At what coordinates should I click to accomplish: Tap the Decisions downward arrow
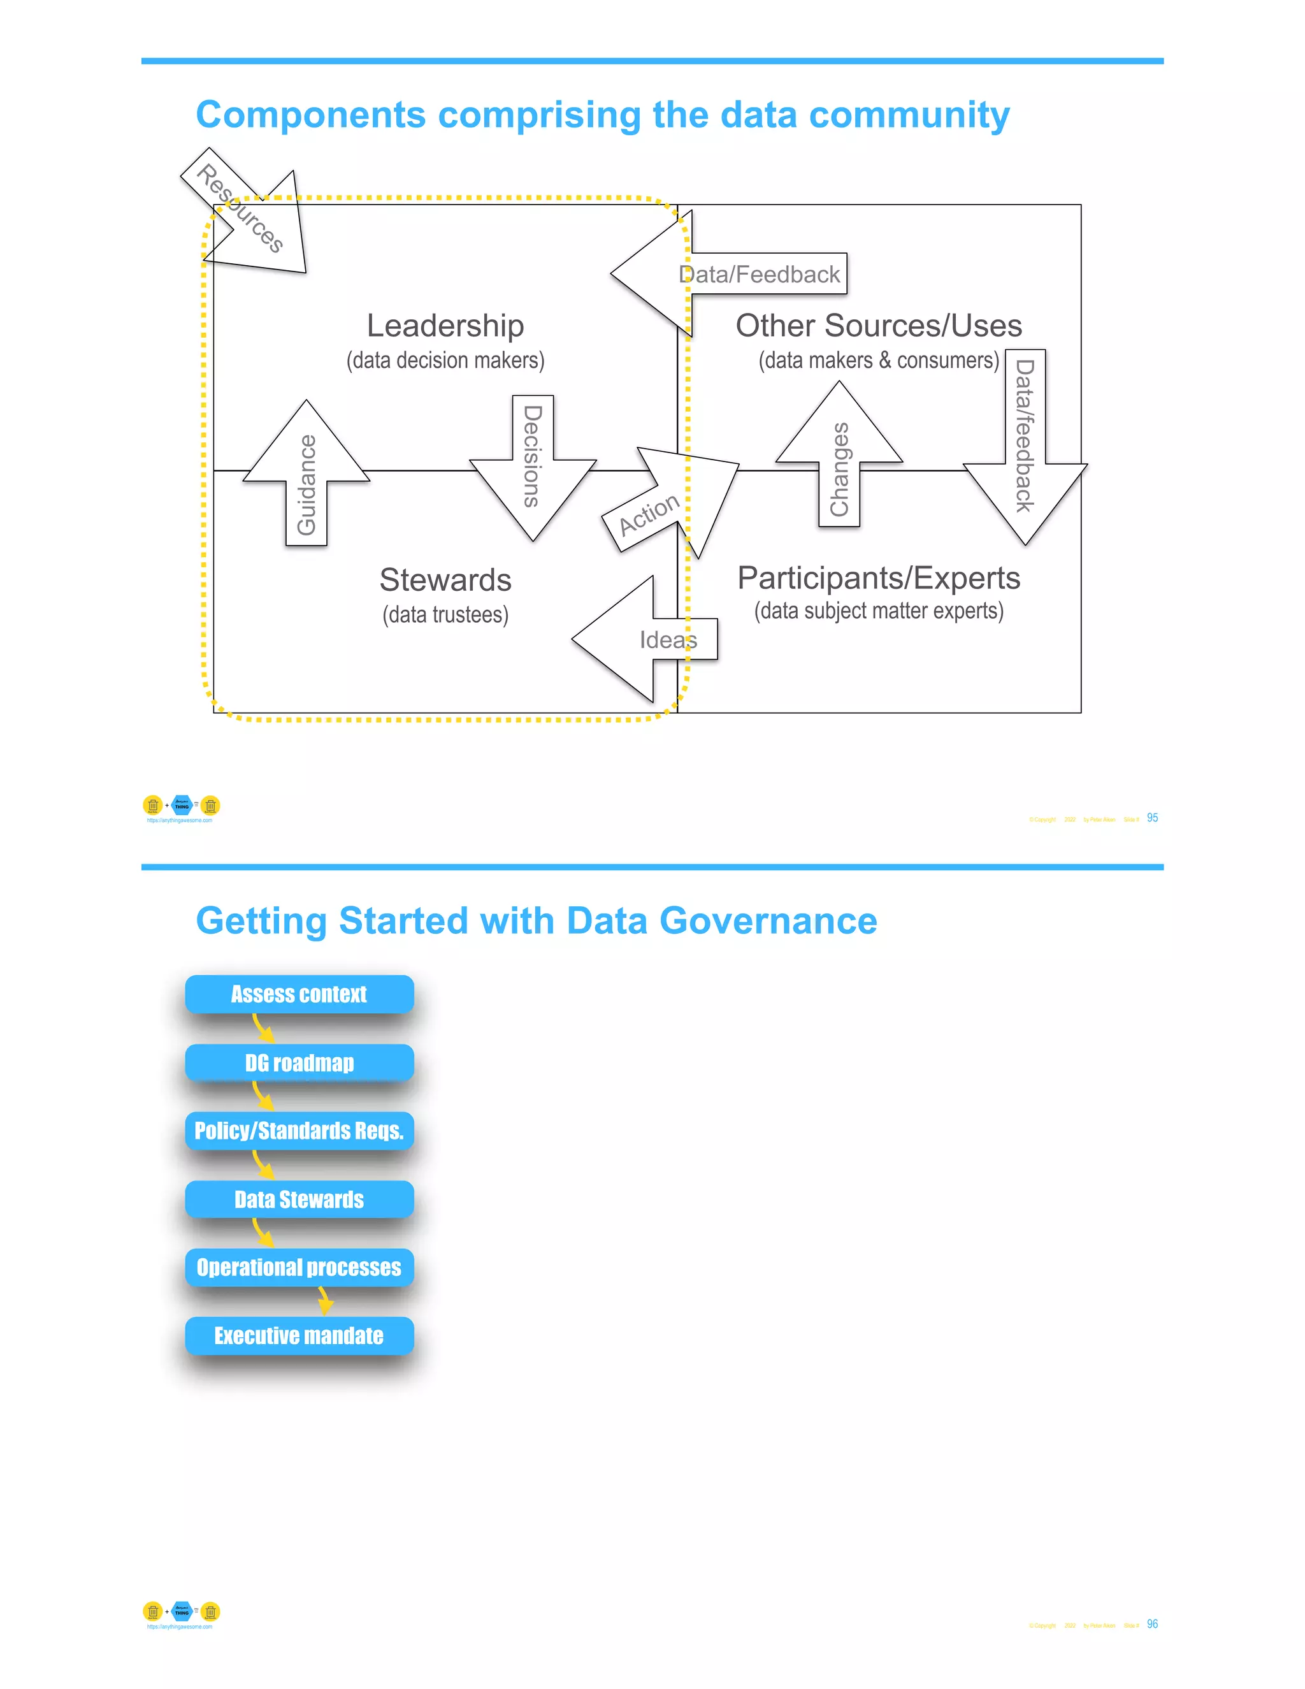[533, 460]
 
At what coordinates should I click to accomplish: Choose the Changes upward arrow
[840, 464]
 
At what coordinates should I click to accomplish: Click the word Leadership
[445, 326]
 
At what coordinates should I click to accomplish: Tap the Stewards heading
[445, 580]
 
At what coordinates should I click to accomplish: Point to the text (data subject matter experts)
[879, 611]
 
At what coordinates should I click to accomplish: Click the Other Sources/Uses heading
[879, 326]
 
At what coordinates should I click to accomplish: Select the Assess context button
[299, 994]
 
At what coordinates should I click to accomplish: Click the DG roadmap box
[299, 1062]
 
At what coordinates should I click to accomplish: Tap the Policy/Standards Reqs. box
[299, 1131]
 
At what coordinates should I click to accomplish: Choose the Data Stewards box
[299, 1200]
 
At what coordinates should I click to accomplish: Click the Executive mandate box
[299, 1335]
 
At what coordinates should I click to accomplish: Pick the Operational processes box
[299, 1268]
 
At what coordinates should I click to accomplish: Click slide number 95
[1152, 818]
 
